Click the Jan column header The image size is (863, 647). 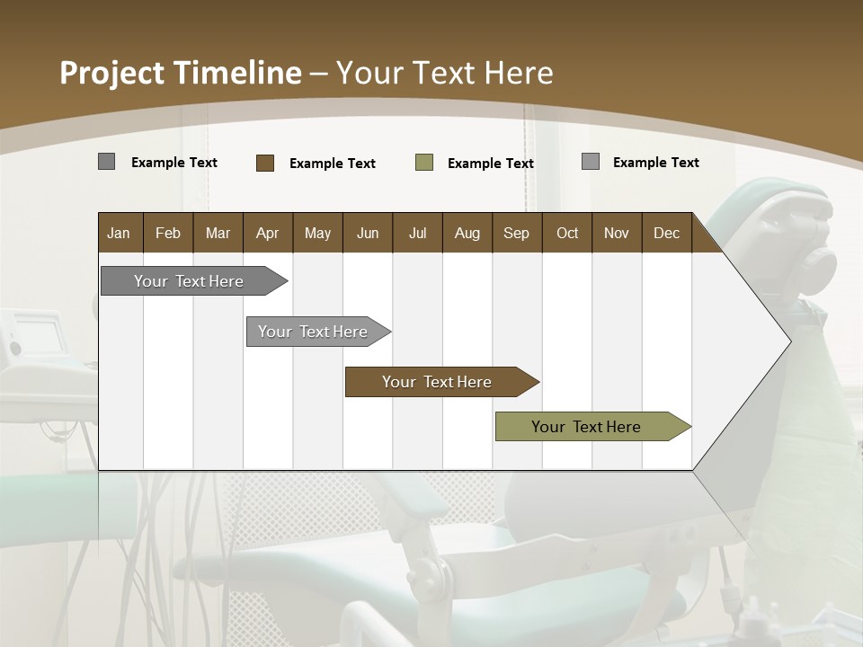coord(120,233)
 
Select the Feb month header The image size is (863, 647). coord(168,233)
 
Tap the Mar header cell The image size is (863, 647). coord(218,233)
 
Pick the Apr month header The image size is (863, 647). coord(268,233)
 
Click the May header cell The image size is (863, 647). coord(317,233)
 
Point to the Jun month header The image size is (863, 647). coord(368,233)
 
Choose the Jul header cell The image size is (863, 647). coord(417,233)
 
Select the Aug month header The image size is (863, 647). coord(467,233)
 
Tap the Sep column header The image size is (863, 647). coord(517,233)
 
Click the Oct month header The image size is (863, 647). coord(567,233)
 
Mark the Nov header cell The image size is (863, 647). coord(617,233)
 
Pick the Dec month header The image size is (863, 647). coord(667,233)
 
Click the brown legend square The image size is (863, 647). coord(265,163)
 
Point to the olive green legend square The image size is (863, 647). coord(424,163)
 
